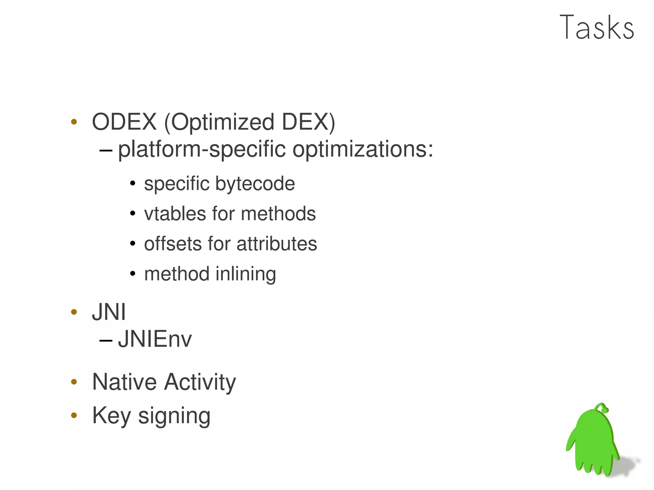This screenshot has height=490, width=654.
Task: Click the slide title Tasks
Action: pos(597,28)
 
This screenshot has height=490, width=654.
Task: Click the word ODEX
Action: pos(124,122)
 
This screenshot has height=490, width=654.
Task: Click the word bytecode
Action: pos(255,184)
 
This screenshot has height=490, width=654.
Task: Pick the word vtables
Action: pos(175,214)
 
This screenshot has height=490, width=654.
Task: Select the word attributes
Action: pos(277,244)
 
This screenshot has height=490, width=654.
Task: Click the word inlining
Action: pos(246,274)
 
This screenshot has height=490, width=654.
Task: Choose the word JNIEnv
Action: pos(155,339)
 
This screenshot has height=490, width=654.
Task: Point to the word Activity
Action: pos(200,382)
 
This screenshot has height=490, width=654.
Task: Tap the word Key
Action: pos(111,416)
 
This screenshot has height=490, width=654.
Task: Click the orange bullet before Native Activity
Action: pos(74,382)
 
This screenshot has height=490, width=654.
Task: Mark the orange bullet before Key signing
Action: pos(74,415)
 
